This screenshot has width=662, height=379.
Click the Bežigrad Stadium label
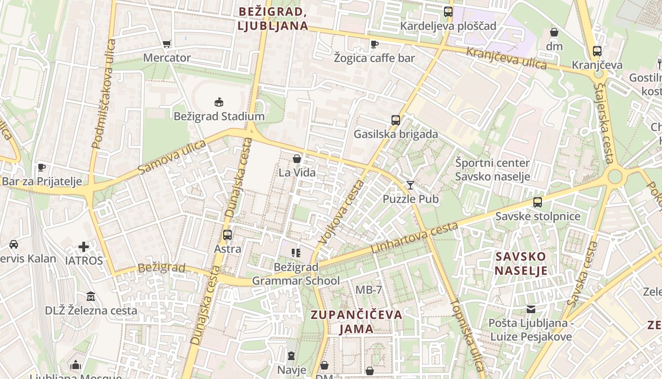coord(219,116)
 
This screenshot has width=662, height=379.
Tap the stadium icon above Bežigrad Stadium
coord(218,102)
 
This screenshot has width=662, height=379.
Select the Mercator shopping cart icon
coord(166,44)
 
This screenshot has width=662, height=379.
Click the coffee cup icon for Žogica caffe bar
coord(375,44)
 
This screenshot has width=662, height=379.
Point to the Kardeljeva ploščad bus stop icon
coord(448,12)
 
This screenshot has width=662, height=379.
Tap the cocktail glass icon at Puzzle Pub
coord(410,185)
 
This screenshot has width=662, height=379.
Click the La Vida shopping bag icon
coord(297,159)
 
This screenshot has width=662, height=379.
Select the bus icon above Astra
coord(227,235)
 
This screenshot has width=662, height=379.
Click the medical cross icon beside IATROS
coord(84,247)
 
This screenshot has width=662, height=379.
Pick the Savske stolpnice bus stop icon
coord(538,202)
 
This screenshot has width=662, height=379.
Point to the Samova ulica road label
coord(172,157)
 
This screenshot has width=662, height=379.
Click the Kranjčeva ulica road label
coord(506,58)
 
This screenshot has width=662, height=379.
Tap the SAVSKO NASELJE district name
coord(521,264)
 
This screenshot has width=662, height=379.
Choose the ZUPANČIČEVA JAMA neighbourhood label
coord(357,322)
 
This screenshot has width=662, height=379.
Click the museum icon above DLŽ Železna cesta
coord(91,297)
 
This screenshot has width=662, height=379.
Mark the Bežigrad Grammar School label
coord(296,274)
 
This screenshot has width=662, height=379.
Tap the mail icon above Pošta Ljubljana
coord(531,309)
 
